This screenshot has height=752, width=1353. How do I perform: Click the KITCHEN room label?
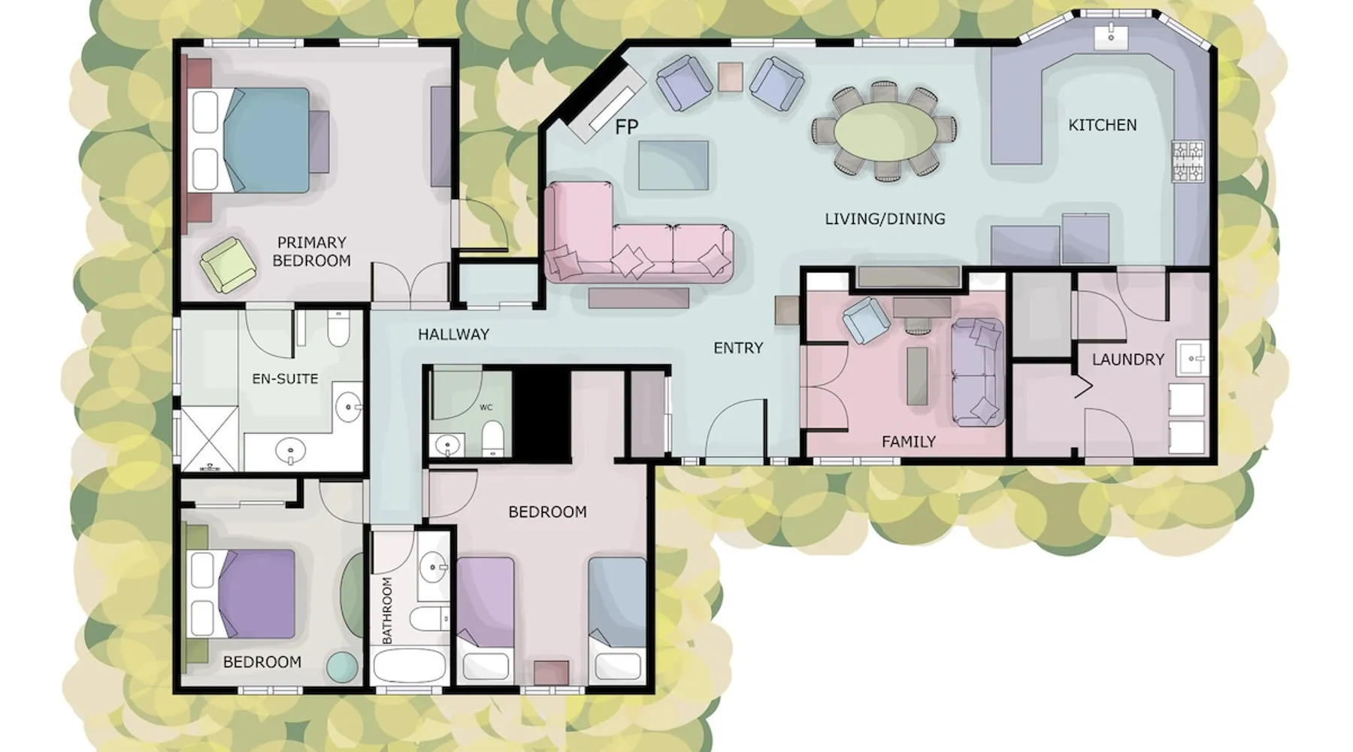point(1102,125)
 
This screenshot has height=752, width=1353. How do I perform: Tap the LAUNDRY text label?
point(1127,359)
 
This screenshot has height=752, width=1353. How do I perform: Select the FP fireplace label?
point(626,127)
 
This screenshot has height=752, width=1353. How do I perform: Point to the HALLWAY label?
point(453,335)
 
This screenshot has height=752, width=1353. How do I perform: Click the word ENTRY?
point(738,347)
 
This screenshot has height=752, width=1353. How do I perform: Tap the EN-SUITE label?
point(285,378)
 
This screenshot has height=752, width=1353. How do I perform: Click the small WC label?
point(486,408)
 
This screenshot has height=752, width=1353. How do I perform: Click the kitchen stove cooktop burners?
point(1187,162)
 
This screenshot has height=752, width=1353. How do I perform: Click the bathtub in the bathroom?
point(410,666)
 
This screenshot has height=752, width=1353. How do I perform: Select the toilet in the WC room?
point(492,438)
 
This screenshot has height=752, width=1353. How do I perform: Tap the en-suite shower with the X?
point(209,437)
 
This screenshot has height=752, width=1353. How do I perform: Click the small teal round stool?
point(342,666)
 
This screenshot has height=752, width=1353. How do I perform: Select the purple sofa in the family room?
point(978,372)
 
